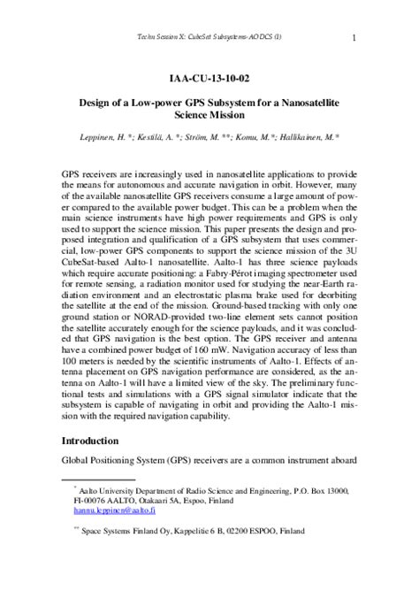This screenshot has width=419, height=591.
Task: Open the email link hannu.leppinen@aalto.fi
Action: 115,510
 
